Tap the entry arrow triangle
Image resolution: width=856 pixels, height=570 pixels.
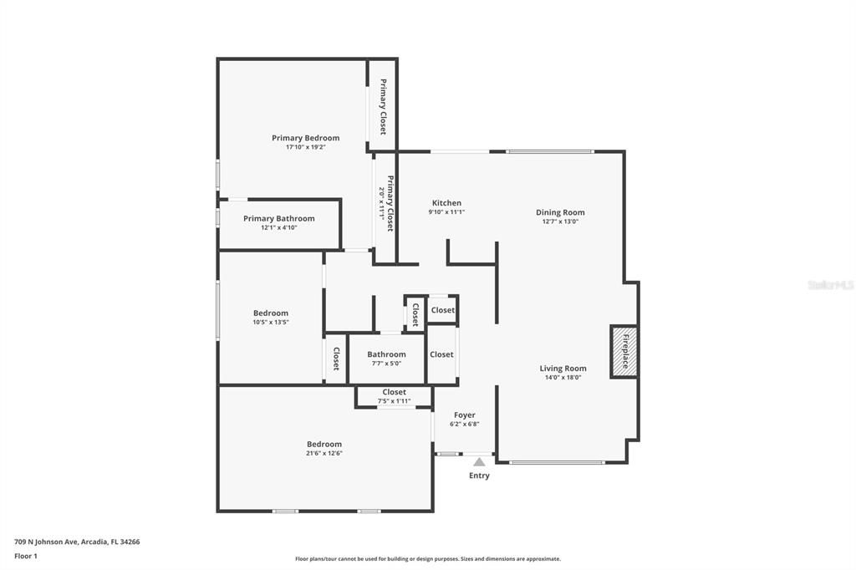point(479,461)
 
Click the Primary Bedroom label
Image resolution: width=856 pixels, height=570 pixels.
point(305,138)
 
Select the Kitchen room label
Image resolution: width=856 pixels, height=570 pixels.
point(446,203)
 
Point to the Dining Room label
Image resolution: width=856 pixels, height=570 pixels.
point(560,212)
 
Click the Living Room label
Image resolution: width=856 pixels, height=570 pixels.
point(563,369)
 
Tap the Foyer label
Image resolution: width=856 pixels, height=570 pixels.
point(465,415)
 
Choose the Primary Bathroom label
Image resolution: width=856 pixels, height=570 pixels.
point(279,219)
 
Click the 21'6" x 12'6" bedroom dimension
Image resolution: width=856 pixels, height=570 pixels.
point(324,453)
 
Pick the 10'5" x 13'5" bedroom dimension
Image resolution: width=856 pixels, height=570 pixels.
point(271,322)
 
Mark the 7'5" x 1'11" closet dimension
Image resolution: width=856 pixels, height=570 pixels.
point(394,401)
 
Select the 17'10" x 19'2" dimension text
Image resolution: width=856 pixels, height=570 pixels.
point(305,147)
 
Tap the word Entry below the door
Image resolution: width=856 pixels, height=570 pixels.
point(479,476)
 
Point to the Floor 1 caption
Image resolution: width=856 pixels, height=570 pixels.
point(26,556)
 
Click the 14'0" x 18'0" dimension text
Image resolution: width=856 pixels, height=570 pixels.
point(563,378)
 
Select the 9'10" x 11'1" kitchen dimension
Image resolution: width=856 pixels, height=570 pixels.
point(446,212)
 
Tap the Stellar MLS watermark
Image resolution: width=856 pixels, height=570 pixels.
point(831,285)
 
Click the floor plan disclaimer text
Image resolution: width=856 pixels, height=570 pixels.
point(427,559)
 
